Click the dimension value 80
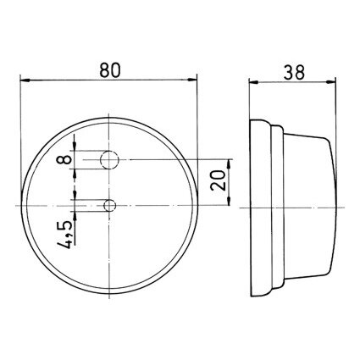click(x=110, y=70)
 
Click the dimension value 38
click(x=294, y=72)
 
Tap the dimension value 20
click(x=219, y=180)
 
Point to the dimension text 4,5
click(x=65, y=235)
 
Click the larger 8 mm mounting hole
click(x=109, y=160)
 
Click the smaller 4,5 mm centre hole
click(x=109, y=205)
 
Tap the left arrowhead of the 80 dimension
click(x=25, y=80)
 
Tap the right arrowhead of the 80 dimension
click(x=192, y=80)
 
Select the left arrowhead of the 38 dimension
click(x=253, y=82)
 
